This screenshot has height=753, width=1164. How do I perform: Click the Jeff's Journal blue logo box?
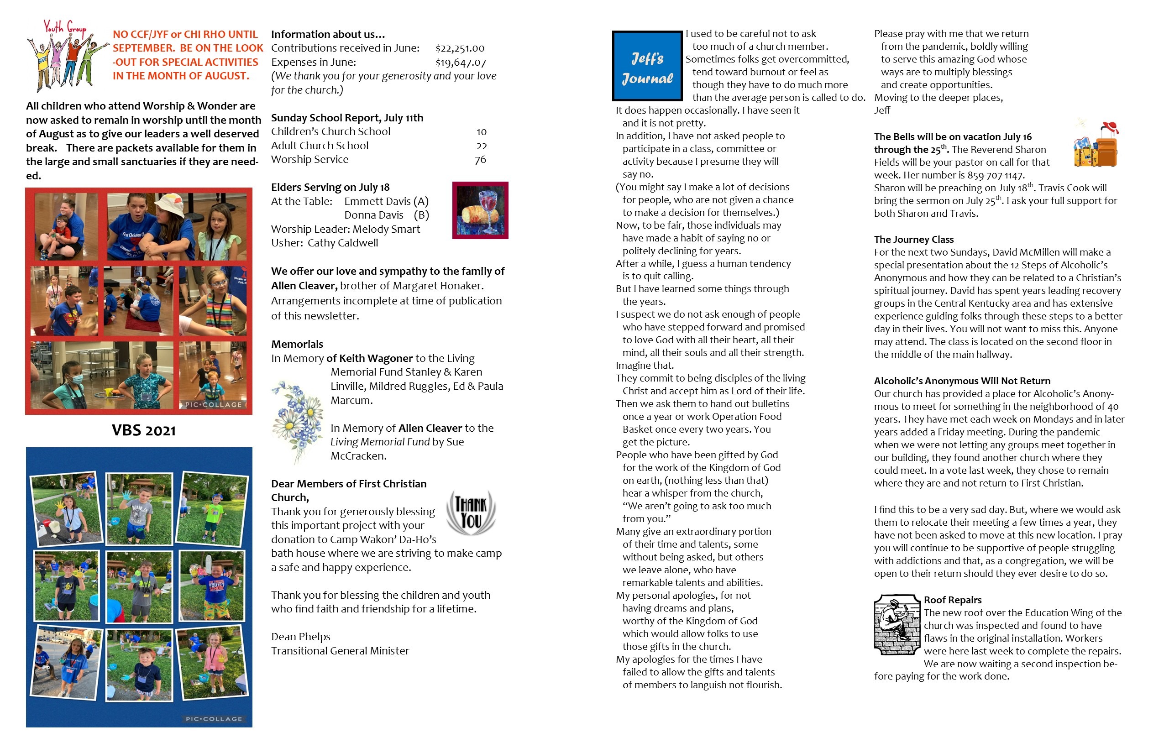647,66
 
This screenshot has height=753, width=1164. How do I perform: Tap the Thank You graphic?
471,512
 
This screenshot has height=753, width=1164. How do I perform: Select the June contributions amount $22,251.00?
460,48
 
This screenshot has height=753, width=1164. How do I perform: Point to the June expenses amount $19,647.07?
461,63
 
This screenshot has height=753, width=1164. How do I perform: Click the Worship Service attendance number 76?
480,160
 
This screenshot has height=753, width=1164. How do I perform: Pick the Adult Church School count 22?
482,146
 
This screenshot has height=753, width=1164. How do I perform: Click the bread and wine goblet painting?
480,210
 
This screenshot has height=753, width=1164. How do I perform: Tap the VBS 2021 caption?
144,430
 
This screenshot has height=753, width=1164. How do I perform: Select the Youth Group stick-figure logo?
67,55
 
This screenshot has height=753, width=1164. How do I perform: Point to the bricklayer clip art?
897,624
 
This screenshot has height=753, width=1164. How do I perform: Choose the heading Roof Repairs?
952,600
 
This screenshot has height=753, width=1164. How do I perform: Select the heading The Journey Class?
913,240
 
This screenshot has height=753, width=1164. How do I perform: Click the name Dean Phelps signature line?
301,637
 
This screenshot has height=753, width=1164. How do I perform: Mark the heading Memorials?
297,344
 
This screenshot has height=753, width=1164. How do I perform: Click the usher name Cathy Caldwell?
342,243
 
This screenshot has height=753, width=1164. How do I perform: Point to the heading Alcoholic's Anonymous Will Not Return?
962,381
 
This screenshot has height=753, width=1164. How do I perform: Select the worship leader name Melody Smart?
386,229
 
